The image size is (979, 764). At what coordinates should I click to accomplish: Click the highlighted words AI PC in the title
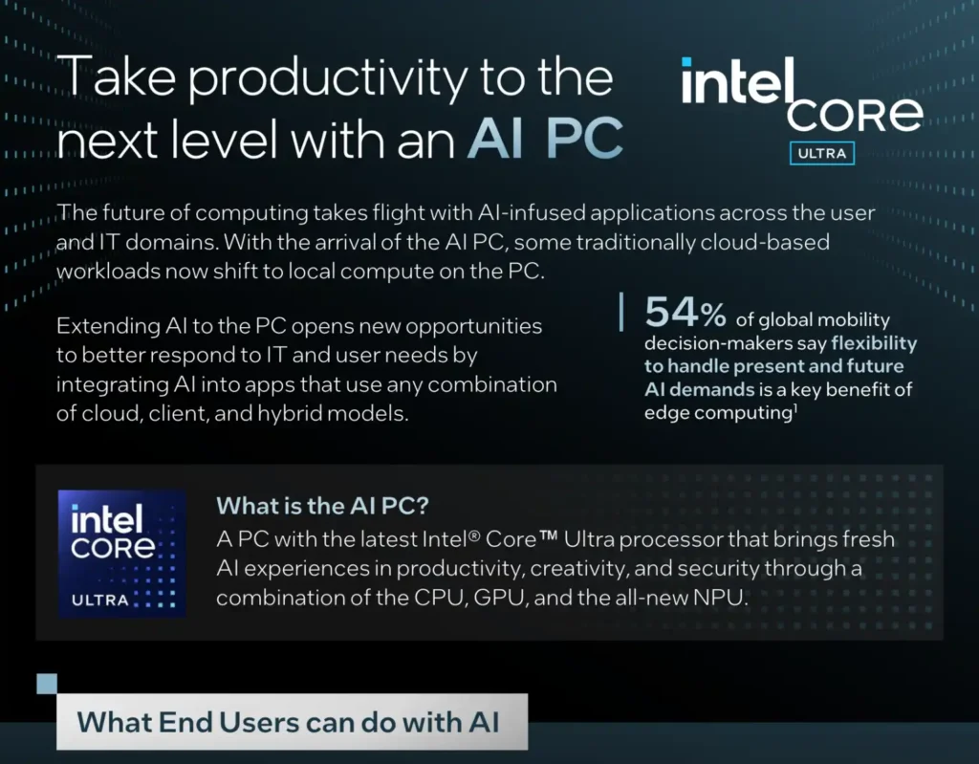pyautogui.click(x=545, y=139)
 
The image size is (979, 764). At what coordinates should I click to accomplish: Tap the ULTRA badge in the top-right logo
pyautogui.click(x=821, y=154)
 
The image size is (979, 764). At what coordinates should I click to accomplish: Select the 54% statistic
pyautogui.click(x=685, y=314)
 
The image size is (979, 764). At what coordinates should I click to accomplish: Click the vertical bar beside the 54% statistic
pyautogui.click(x=622, y=313)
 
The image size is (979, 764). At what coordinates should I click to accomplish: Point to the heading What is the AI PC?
pyautogui.click(x=321, y=505)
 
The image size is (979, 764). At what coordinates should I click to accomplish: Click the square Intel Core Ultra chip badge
pyautogui.click(x=121, y=554)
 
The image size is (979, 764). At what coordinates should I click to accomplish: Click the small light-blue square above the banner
pyautogui.click(x=47, y=683)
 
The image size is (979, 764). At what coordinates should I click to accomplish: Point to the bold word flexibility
pyautogui.click(x=873, y=342)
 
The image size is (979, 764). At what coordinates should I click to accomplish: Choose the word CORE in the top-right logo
pyautogui.click(x=855, y=115)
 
